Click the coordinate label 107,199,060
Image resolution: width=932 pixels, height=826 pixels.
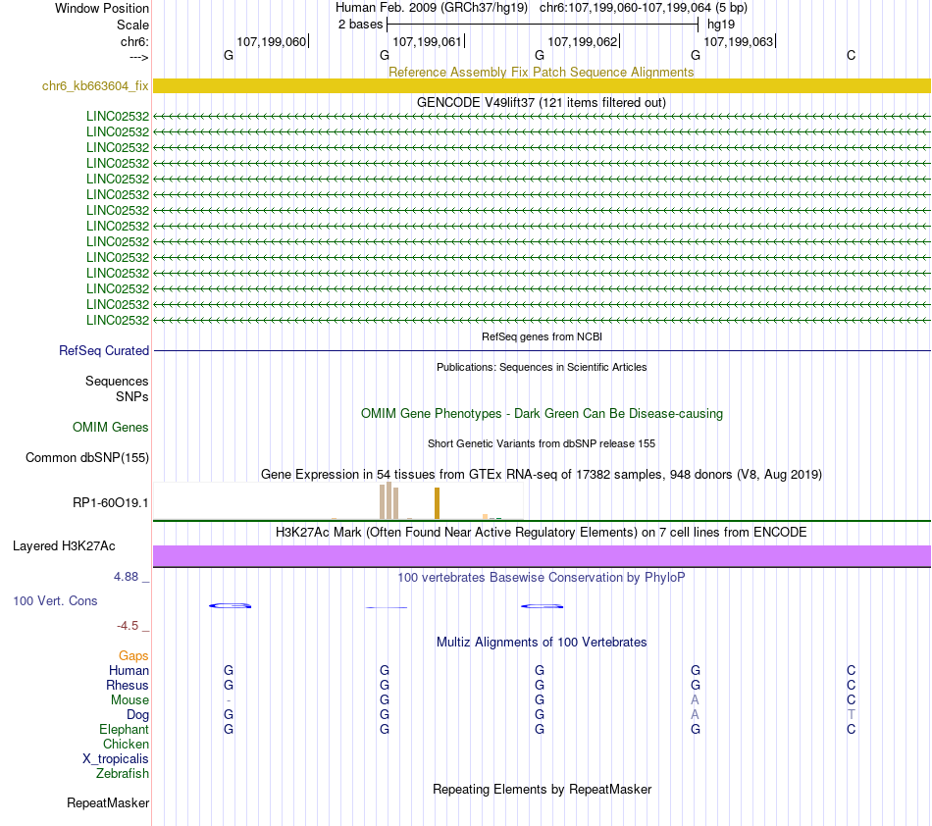point(271,41)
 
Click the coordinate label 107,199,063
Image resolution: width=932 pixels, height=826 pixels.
point(739,41)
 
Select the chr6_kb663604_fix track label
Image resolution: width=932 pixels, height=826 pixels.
point(95,86)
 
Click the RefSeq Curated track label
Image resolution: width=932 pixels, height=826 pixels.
point(104,351)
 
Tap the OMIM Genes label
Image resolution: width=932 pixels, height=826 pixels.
point(111,428)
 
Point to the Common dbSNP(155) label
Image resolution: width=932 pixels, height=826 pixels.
point(87,457)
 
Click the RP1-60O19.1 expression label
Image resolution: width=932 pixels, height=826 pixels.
point(111,503)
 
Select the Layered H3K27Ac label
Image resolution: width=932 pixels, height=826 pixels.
point(71,546)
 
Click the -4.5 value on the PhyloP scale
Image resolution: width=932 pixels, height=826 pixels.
point(129,625)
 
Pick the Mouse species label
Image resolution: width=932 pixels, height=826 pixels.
point(129,700)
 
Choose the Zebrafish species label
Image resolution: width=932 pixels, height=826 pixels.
point(123,774)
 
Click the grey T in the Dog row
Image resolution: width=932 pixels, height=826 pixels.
point(851,715)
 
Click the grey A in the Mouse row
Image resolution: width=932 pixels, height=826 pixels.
point(695,700)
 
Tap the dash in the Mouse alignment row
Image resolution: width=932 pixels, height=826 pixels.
point(229,700)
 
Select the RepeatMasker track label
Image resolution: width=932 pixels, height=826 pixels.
point(108,803)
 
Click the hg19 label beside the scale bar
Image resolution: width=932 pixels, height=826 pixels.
point(721,24)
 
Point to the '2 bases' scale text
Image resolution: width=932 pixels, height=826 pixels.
point(360,24)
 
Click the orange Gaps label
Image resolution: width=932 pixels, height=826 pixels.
point(133,655)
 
